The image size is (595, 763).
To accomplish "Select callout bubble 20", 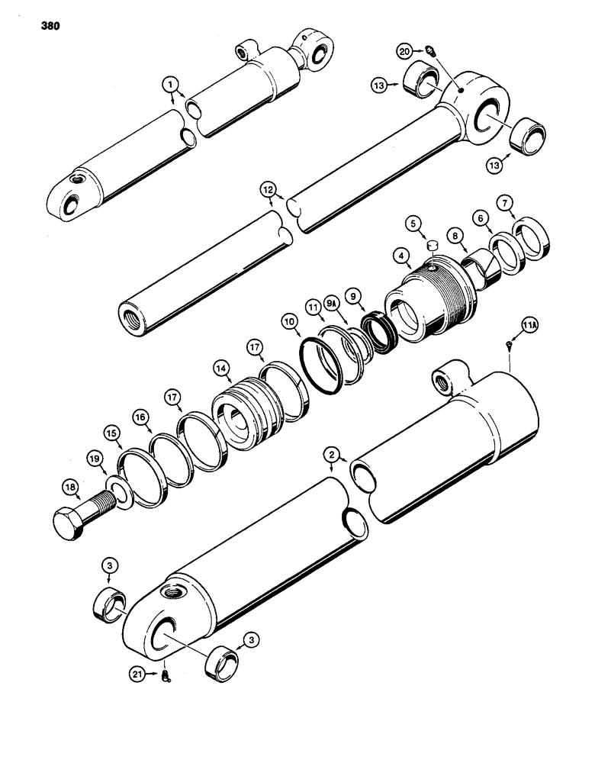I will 405,51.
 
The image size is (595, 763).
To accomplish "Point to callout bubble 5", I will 413,224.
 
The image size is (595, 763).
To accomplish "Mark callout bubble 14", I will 222,366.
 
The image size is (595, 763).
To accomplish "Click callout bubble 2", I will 331,456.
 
